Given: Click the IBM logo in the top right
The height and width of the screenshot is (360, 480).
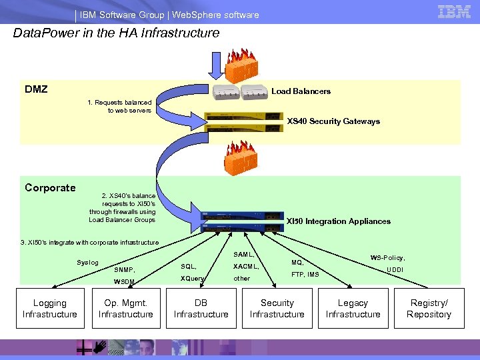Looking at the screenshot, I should click(454, 11).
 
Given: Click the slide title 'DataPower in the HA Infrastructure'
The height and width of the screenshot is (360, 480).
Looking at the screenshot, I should click(117, 33).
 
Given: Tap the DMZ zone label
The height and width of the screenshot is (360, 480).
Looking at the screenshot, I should click(36, 89).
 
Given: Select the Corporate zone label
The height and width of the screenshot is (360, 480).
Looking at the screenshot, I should click(50, 188).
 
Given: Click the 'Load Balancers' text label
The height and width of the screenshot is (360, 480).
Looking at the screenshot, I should click(301, 91).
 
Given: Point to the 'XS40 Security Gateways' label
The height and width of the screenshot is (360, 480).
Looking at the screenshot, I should click(333, 121).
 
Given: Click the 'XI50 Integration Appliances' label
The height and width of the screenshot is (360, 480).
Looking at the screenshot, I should click(338, 221).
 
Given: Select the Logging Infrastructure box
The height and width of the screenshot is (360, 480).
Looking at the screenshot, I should click(49, 309).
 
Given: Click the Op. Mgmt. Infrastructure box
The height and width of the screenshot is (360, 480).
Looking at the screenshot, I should click(125, 309).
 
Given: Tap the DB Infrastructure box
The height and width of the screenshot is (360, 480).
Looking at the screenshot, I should click(201, 309).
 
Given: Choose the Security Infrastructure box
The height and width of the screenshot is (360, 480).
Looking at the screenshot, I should click(277, 309).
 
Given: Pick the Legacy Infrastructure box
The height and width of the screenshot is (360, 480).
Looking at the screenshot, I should click(353, 309).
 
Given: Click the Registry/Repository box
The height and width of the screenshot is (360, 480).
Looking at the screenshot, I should click(429, 309).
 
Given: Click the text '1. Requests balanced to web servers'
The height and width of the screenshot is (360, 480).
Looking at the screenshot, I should click(120, 106).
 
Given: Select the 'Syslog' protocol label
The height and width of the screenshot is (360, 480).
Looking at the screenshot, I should click(87, 263).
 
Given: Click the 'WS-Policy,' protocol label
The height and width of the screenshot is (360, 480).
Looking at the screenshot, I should click(388, 257).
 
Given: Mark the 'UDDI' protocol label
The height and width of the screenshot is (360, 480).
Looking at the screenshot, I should click(395, 269).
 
